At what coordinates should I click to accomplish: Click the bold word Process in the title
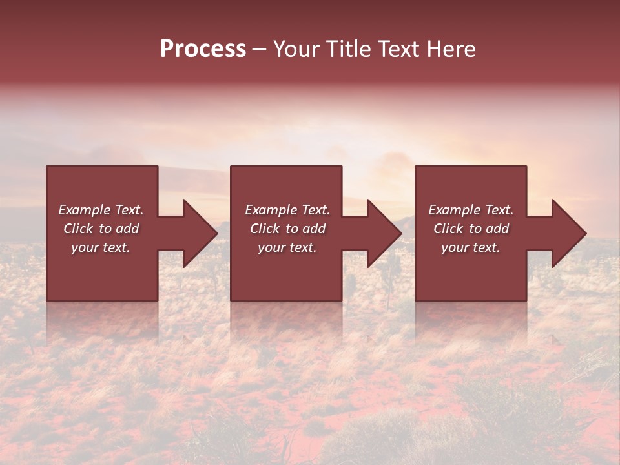point(203,50)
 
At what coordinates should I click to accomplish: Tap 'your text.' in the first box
point(101,247)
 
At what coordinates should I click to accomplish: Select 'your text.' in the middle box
point(287,247)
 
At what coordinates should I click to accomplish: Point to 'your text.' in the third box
point(471,247)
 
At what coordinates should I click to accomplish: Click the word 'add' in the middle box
point(314,229)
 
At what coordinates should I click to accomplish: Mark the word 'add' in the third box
point(497,229)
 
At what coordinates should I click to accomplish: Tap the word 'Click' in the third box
point(449,229)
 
